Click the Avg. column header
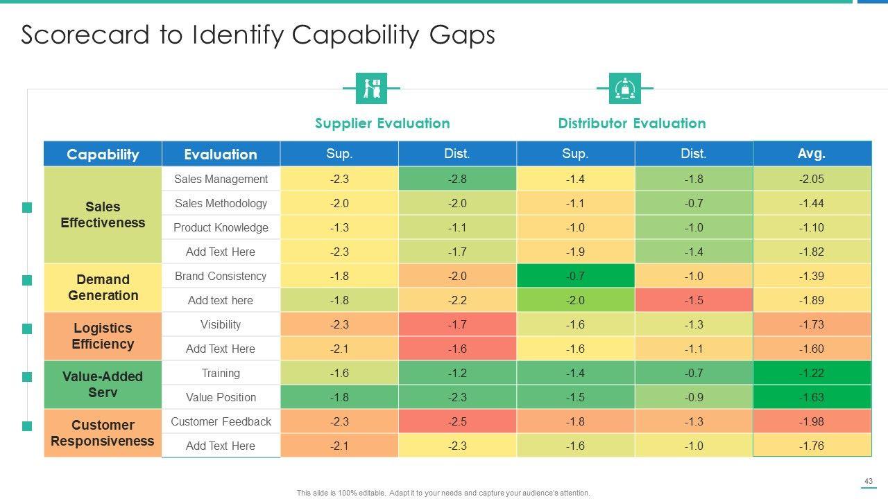click(x=812, y=154)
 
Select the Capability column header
click(x=103, y=154)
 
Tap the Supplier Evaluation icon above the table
click(x=371, y=88)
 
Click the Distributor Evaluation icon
click(x=624, y=88)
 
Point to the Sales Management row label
click(x=221, y=179)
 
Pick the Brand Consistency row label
click(x=221, y=276)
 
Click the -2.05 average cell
click(x=812, y=179)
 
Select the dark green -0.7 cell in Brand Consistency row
click(x=575, y=276)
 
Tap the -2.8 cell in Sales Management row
click(x=457, y=179)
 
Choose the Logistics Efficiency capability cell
click(x=103, y=336)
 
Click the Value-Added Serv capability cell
click(x=103, y=385)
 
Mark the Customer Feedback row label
click(x=221, y=421)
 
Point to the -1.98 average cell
click(x=812, y=421)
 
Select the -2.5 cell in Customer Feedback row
click(x=457, y=421)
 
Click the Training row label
click(x=221, y=373)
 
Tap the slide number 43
click(x=868, y=482)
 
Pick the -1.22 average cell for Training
click(x=812, y=373)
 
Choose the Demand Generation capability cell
click(x=103, y=288)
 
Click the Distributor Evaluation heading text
click(x=631, y=123)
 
